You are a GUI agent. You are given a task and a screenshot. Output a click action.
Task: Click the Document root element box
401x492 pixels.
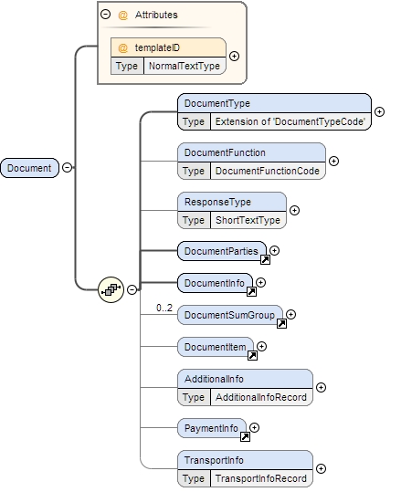pyautogui.click(x=29, y=168)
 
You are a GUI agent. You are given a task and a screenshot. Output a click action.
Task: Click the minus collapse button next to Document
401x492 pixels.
pyautogui.click(x=67, y=168)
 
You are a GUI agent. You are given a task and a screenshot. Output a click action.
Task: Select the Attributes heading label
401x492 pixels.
pyautogui.click(x=156, y=16)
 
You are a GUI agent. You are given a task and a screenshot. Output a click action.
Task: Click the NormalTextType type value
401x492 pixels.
pyautogui.click(x=184, y=67)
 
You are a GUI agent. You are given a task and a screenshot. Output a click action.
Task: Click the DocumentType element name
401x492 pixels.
pyautogui.click(x=216, y=103)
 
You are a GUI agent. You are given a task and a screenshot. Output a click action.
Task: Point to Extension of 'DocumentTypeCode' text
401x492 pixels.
pyautogui.click(x=289, y=121)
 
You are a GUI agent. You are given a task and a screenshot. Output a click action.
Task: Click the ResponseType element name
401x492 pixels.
pyautogui.click(x=217, y=202)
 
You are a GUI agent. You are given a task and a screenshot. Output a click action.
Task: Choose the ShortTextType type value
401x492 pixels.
pyautogui.click(x=247, y=220)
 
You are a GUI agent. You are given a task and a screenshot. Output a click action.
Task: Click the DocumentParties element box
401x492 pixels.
pyautogui.click(x=220, y=250)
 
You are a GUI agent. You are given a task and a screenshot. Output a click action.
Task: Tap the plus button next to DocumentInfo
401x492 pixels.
pyautogui.click(x=261, y=283)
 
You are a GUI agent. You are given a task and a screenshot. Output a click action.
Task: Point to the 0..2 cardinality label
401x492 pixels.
pyautogui.click(x=164, y=308)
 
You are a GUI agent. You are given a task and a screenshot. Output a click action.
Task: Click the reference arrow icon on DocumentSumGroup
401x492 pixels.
pyautogui.click(x=281, y=323)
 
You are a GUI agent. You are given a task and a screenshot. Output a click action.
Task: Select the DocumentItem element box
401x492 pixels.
pyautogui.click(x=215, y=346)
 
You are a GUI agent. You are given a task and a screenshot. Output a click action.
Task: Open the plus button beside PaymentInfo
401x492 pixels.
pyautogui.click(x=255, y=427)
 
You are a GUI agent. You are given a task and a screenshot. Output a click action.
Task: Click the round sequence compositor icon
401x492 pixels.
pyautogui.click(x=111, y=289)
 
